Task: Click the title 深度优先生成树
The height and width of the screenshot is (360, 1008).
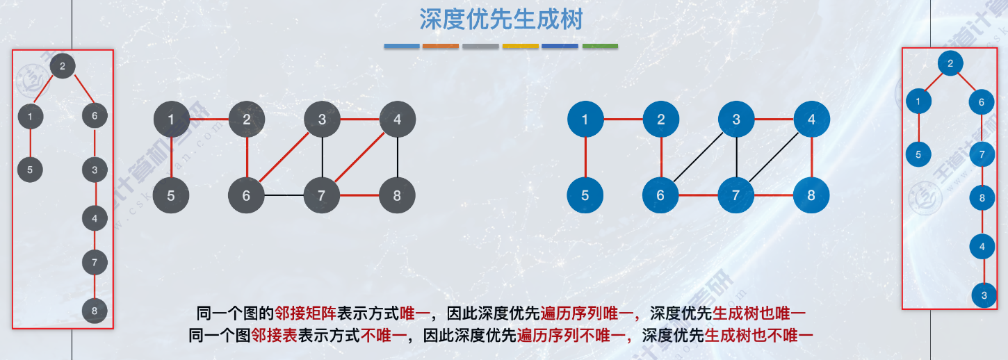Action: (501, 19)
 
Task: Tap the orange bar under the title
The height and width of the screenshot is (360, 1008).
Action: (441, 47)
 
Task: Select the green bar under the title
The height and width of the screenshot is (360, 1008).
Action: (600, 47)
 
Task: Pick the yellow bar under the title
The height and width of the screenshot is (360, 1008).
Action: (520, 47)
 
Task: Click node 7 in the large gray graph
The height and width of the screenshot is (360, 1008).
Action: (321, 195)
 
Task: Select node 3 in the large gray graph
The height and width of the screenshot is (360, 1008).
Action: (321, 120)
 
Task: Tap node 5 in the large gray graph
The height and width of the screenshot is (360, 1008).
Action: (171, 195)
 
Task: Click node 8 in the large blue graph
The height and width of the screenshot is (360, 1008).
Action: (811, 195)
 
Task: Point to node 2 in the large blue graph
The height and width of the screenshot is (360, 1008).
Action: (660, 120)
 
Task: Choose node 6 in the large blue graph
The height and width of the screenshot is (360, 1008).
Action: (660, 195)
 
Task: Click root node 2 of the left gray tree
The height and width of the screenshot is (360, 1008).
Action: (63, 66)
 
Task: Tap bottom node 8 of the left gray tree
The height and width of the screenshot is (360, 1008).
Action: (95, 311)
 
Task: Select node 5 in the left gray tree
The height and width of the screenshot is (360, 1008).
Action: (31, 169)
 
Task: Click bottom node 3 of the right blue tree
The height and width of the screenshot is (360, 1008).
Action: (984, 295)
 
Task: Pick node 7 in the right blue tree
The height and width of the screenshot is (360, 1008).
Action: (982, 154)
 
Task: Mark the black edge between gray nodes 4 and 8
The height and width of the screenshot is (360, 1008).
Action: (397, 157)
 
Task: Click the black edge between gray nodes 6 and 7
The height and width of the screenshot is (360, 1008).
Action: (284, 195)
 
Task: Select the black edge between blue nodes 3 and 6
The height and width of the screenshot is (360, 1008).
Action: (698, 158)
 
